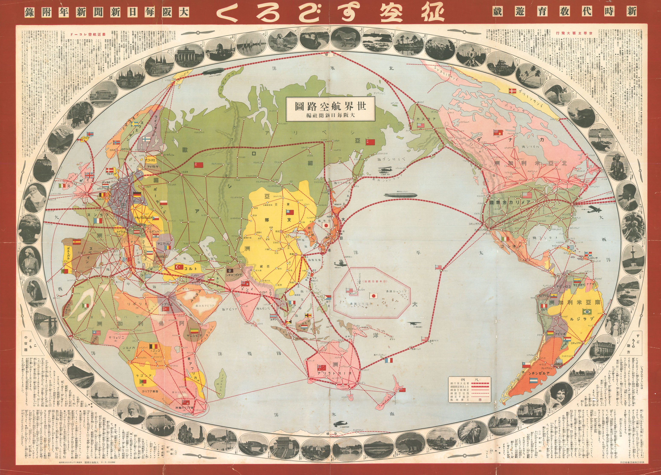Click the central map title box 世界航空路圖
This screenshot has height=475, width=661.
pyautogui.click(x=330, y=109)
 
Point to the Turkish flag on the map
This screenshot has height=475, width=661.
pyautogui.click(x=179, y=267)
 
